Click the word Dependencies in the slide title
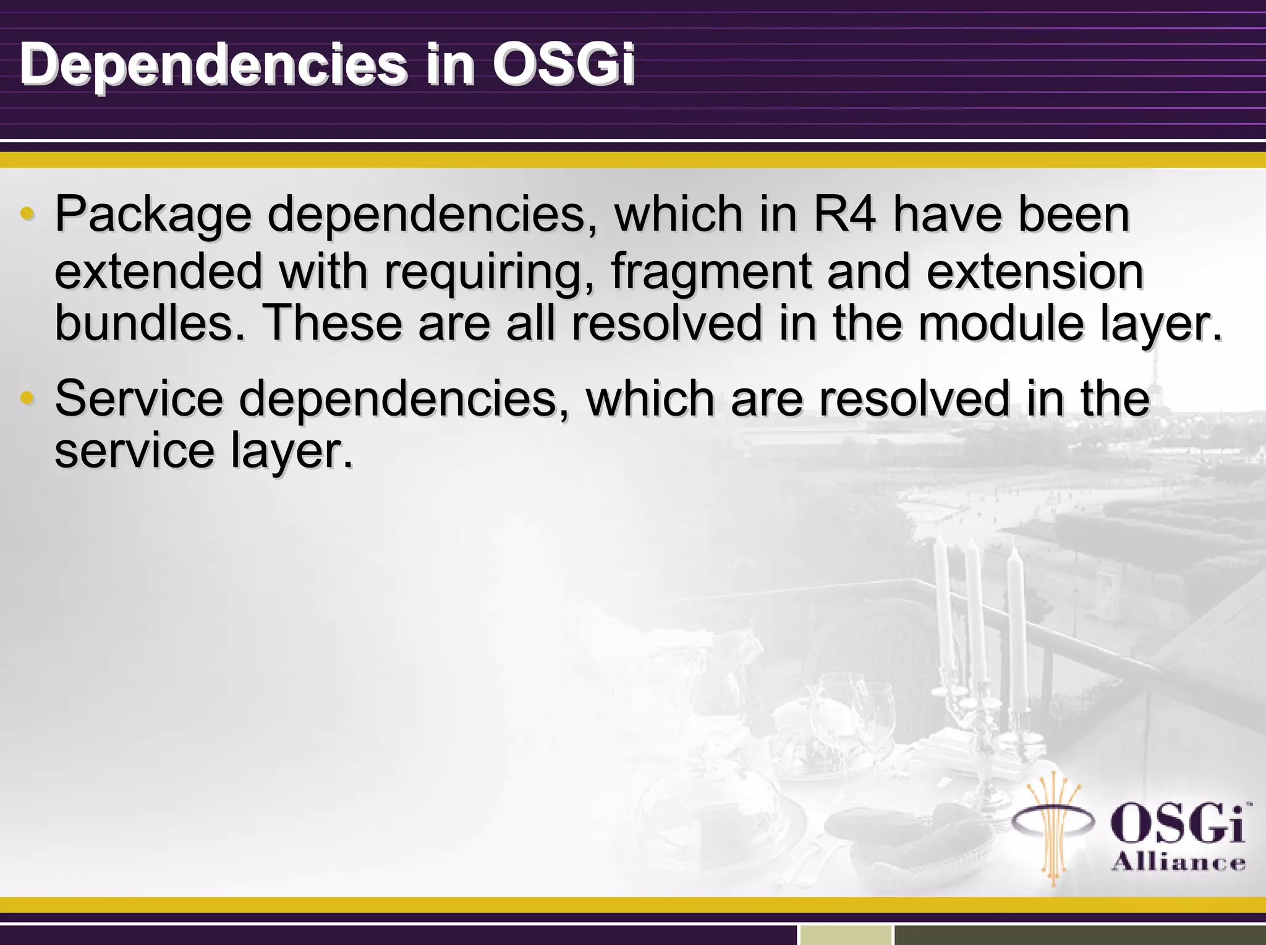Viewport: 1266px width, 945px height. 213,65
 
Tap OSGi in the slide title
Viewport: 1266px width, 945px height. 564,64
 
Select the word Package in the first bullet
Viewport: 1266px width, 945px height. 153,215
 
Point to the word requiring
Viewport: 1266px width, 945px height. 483,272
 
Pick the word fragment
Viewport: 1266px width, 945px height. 711,272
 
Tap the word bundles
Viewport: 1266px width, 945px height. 149,323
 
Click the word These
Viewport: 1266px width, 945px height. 333,323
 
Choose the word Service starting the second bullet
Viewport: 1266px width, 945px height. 139,398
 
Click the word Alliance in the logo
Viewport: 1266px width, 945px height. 1178,862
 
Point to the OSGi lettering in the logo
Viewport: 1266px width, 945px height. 1178,823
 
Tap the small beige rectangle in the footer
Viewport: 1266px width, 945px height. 846,934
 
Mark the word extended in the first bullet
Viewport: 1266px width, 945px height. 159,272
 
